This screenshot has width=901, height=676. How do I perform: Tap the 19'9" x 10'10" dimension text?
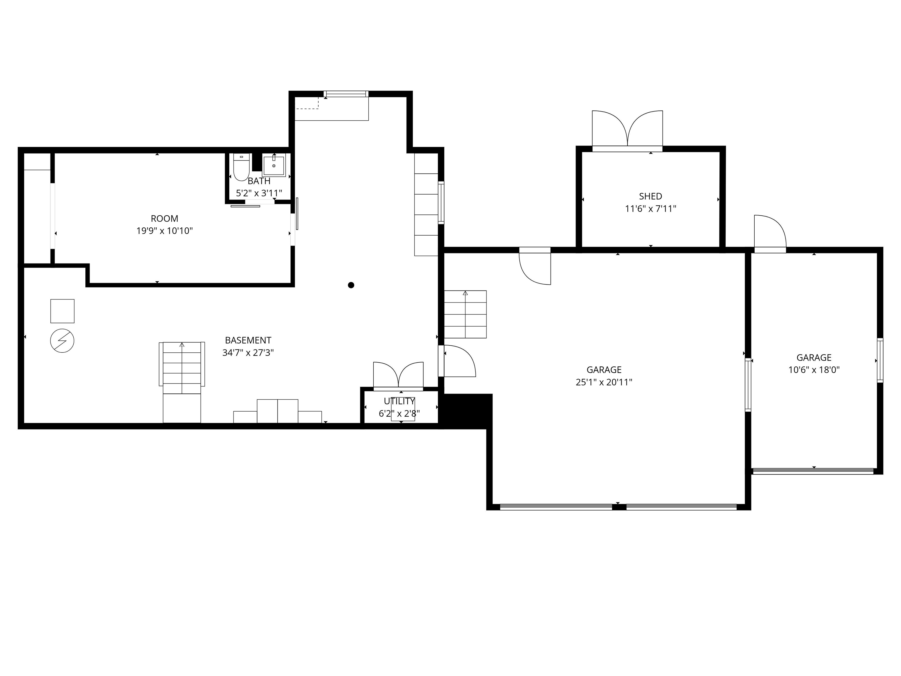[164, 231]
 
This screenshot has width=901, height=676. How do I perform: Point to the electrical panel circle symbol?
[62, 341]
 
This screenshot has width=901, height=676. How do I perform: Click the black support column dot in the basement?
[351, 285]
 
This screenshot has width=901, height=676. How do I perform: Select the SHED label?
[650, 196]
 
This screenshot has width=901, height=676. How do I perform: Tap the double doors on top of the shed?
[627, 130]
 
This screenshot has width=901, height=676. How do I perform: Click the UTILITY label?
[399, 401]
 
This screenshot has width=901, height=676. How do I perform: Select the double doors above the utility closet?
[398, 375]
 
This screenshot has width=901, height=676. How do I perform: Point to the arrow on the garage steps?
[465, 293]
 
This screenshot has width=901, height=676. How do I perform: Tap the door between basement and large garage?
[458, 361]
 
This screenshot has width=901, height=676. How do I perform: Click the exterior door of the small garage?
[769, 232]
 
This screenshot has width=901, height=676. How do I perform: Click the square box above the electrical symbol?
[62, 311]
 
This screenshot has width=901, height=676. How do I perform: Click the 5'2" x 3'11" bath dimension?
[259, 193]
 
